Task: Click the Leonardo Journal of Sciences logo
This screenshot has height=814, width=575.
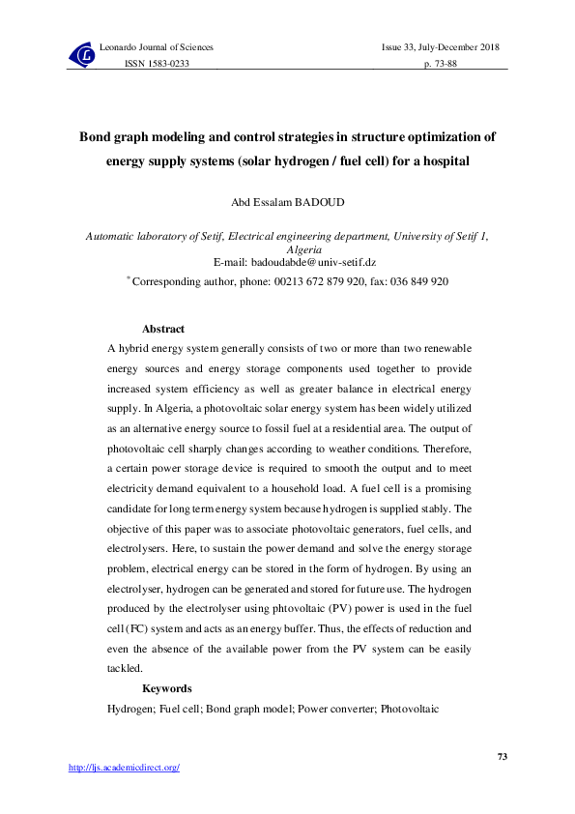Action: click(81, 56)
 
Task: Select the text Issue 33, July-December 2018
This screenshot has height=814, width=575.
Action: click(441, 47)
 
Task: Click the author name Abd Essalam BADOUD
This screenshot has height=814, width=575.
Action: click(287, 202)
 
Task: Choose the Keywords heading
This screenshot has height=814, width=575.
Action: click(166, 689)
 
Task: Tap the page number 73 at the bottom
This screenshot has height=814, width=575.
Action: click(502, 756)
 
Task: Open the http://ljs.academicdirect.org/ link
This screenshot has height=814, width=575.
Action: click(125, 768)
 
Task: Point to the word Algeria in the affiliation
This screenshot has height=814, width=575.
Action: click(287, 247)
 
